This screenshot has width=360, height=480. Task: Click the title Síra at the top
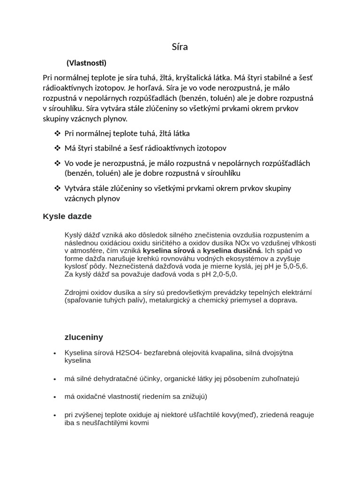coord(180,47)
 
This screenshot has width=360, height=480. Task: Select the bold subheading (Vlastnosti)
coord(86,63)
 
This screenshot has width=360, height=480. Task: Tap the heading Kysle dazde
coord(67,217)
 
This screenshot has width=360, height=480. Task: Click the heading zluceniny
coord(83,337)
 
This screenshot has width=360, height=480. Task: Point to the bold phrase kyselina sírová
coord(169,251)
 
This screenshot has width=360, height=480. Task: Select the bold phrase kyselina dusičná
coord(232,251)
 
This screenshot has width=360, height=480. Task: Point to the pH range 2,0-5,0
coord(221,274)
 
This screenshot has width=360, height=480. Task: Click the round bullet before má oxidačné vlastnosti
coord(55,397)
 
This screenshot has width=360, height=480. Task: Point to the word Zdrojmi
coord(77,292)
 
